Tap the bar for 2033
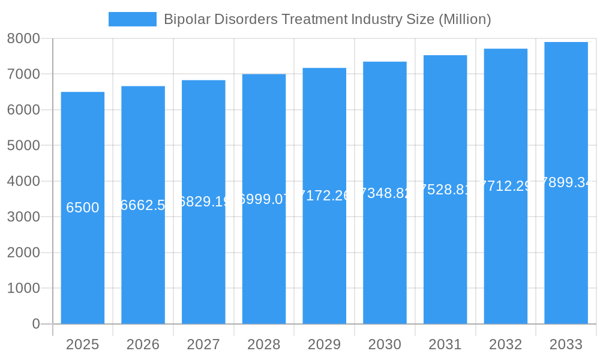click(x=566, y=252)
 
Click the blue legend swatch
click(x=132, y=19)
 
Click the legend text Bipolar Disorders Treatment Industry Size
click(x=328, y=19)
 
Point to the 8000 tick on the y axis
click(x=23, y=38)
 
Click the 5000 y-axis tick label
click(x=23, y=146)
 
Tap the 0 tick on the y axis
click(x=35, y=324)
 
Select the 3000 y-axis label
click(x=23, y=217)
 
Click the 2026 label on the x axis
click(x=143, y=344)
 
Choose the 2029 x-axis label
click(x=324, y=344)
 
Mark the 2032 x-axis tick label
click(x=505, y=344)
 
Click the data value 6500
click(x=83, y=208)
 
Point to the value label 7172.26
click(x=324, y=196)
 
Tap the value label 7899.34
click(x=566, y=182)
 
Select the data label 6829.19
click(x=203, y=202)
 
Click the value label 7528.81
click(x=445, y=190)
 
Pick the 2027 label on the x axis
click(x=203, y=344)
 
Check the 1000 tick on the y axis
click(x=23, y=289)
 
